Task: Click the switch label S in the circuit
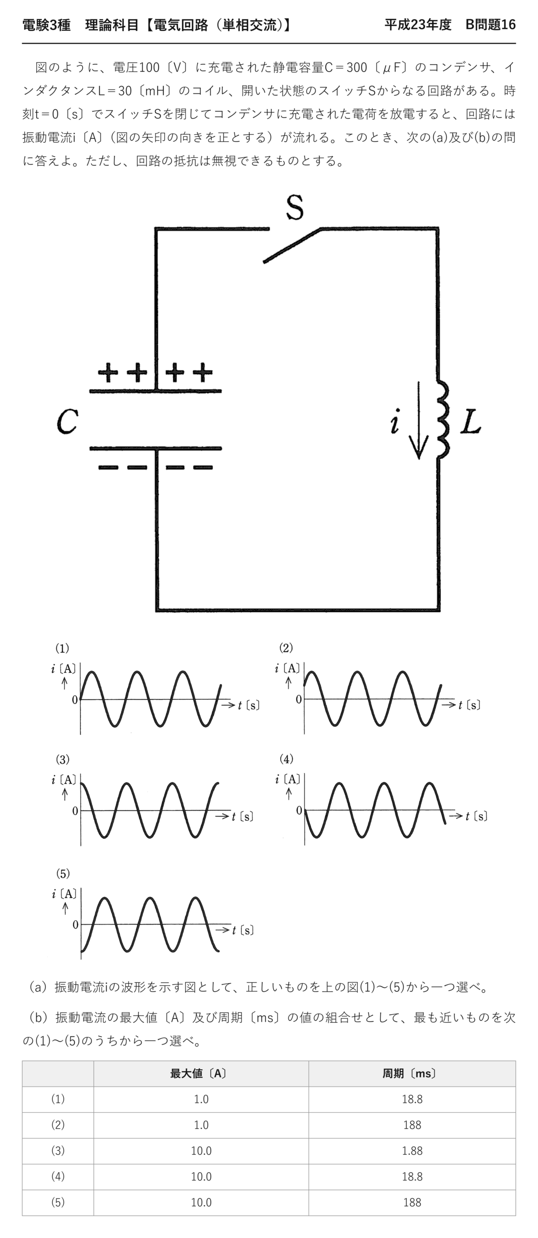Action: [294, 207]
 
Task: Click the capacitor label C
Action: [67, 421]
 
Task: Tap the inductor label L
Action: [470, 421]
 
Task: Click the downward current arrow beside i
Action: [419, 420]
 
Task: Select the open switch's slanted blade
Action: [292, 245]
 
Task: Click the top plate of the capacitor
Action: [156, 391]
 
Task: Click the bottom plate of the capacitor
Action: [156, 449]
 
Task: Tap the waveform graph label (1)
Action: [62, 648]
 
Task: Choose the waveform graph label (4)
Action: [286, 759]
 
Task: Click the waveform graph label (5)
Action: [63, 873]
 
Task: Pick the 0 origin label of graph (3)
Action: [75, 811]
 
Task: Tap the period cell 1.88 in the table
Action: [412, 1150]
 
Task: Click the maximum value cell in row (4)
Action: [201, 1177]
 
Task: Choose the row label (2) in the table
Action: [58, 1125]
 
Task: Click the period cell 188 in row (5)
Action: [412, 1202]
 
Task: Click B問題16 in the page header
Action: [490, 25]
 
